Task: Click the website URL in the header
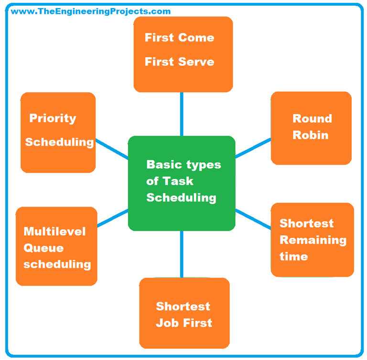point(91,11)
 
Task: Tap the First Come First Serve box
point(183,54)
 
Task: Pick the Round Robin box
point(311,128)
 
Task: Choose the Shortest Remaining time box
point(312,240)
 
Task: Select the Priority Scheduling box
point(58,132)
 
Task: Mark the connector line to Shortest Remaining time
point(253,218)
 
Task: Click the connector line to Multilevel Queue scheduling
point(113,218)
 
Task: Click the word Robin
point(311,135)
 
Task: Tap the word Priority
point(53,118)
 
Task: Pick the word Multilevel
point(54,232)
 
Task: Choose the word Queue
point(43,248)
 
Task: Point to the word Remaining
point(313,240)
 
